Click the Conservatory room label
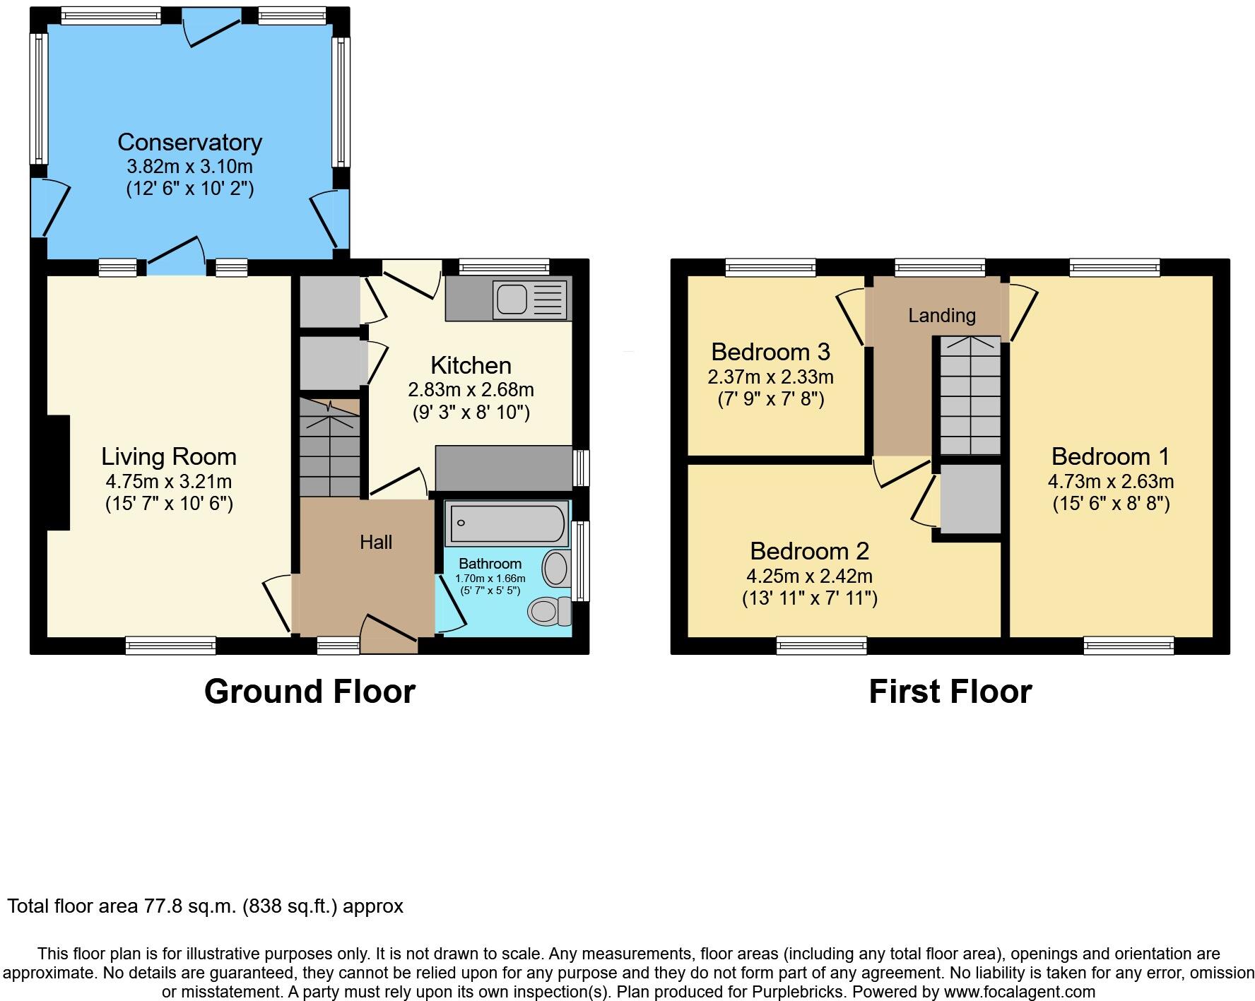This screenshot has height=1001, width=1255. click(x=189, y=142)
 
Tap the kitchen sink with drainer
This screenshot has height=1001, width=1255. click(x=531, y=299)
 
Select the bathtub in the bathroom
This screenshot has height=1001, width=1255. click(x=507, y=523)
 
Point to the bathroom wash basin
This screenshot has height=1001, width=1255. click(x=557, y=569)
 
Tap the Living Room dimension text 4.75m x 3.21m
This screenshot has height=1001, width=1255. click(x=168, y=482)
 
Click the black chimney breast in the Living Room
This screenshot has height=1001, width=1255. click(x=58, y=472)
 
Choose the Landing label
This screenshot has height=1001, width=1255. click(x=941, y=315)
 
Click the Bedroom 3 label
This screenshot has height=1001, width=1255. click(x=770, y=351)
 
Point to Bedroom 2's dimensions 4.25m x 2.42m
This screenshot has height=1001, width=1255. click(x=809, y=576)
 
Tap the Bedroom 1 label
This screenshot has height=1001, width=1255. click(x=1110, y=456)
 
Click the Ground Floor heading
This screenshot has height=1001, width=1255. click(x=310, y=691)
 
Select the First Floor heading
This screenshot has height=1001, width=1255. click(x=950, y=691)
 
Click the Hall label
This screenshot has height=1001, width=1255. click(x=375, y=542)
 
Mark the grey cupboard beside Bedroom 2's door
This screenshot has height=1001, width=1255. click(x=970, y=499)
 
